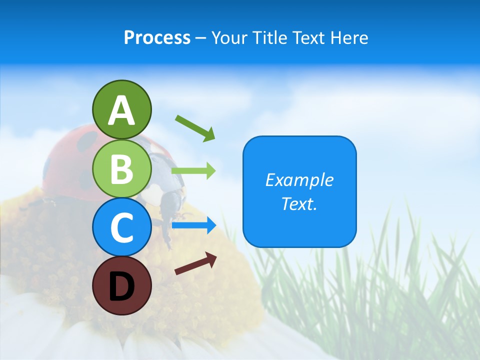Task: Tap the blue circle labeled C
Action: pyautogui.click(x=121, y=227)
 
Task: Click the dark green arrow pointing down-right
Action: pyautogui.click(x=195, y=128)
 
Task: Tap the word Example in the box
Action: pyautogui.click(x=299, y=180)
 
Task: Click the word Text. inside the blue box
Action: pyautogui.click(x=299, y=204)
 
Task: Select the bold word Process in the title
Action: pyautogui.click(x=157, y=37)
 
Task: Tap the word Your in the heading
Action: pyautogui.click(x=230, y=37)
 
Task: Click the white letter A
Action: pyautogui.click(x=121, y=111)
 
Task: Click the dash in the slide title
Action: pyautogui.click(x=201, y=38)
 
